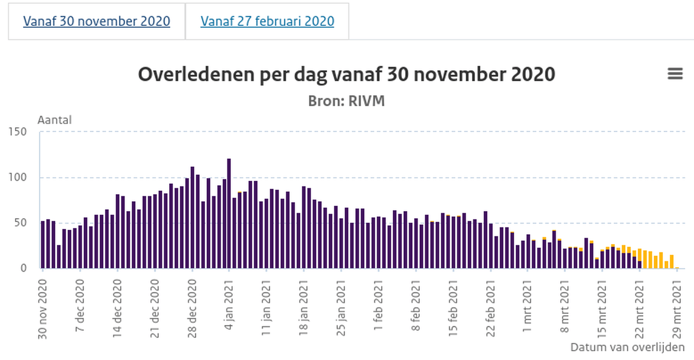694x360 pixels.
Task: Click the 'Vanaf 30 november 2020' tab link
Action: (x=97, y=21)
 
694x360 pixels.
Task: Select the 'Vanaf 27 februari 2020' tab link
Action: (x=267, y=21)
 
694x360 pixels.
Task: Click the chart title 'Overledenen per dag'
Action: (x=347, y=74)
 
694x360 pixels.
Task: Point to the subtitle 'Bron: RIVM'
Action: (x=347, y=101)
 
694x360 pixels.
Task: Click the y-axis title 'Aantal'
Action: (x=55, y=120)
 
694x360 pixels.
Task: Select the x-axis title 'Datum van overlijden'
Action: (x=627, y=347)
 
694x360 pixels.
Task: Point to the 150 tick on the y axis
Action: (x=18, y=132)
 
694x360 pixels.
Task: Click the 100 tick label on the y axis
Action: (x=18, y=177)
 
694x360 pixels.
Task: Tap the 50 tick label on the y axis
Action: (x=21, y=223)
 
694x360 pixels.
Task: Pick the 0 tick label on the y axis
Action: (x=24, y=268)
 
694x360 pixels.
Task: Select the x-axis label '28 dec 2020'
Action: (x=192, y=307)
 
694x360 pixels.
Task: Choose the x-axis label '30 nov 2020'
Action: (x=43, y=307)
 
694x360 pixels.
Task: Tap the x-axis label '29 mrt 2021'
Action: (x=677, y=307)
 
